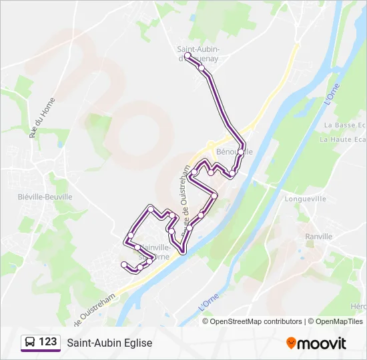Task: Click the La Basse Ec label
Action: click(x=344, y=125)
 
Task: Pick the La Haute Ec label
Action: click(x=343, y=139)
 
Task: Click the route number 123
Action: click(x=47, y=342)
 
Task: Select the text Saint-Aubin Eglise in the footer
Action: click(x=109, y=343)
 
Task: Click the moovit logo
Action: click(x=316, y=343)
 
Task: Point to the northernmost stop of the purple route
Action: click(x=188, y=56)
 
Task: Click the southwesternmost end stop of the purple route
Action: click(x=124, y=265)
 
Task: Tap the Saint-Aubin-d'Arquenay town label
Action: click(x=198, y=53)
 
